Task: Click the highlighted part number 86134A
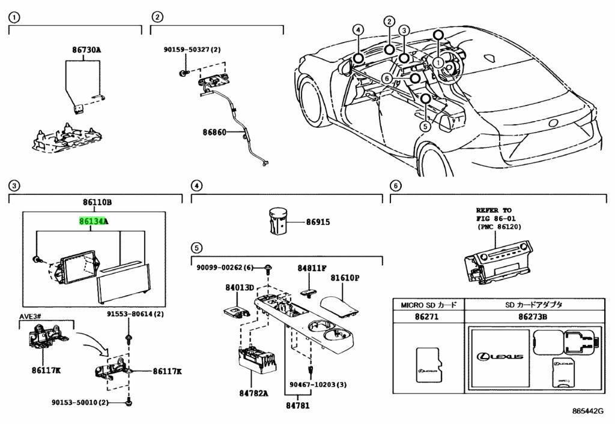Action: coord(94,221)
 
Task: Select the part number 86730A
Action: coord(83,50)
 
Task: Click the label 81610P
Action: coord(344,278)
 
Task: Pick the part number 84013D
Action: coord(240,288)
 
